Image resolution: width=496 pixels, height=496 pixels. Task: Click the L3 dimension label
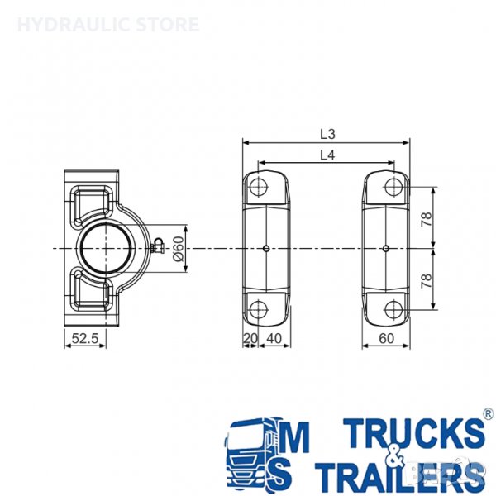[327, 135]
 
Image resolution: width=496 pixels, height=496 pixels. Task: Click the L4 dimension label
[327, 155]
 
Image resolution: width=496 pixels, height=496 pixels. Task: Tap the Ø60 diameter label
[179, 249]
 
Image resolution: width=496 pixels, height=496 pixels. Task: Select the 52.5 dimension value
[85, 338]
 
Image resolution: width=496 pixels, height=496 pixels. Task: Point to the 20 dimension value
[250, 338]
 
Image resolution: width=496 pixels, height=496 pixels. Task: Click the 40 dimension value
[274, 338]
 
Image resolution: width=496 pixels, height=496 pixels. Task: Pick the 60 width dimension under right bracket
[386, 338]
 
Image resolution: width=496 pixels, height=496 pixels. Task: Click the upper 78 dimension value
[427, 219]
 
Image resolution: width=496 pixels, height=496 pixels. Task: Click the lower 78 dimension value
[427, 280]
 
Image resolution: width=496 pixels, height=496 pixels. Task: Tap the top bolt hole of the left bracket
[259, 188]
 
